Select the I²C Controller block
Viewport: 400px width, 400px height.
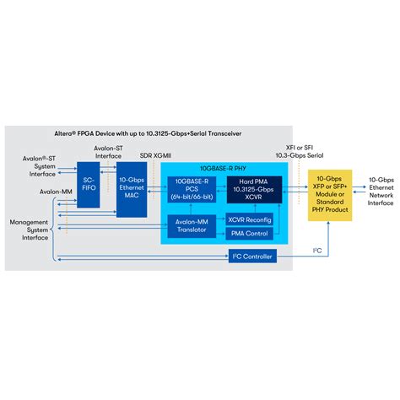click(251, 257)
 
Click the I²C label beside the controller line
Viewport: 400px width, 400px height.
click(317, 251)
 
